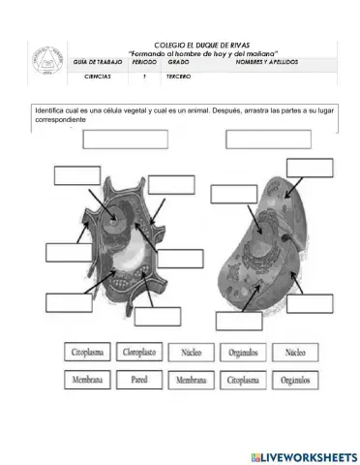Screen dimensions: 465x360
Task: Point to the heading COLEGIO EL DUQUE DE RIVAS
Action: pos(202,46)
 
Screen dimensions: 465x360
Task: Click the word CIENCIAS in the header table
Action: pos(98,75)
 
